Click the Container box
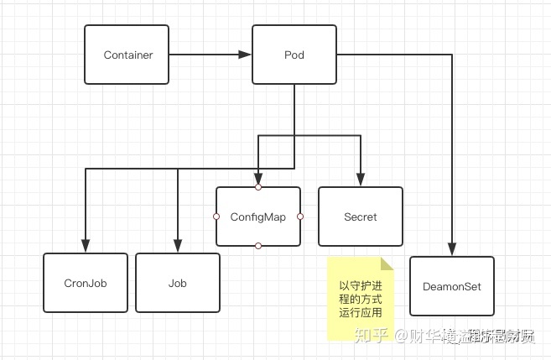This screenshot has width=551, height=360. pos(127,55)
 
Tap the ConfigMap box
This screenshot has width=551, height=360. pos(258,217)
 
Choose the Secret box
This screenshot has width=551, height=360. pos(361,217)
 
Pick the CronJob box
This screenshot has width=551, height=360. pos(86,283)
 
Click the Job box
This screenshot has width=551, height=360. pos(178,283)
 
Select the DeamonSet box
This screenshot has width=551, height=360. pos(452,286)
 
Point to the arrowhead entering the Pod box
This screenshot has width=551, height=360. pos(245,55)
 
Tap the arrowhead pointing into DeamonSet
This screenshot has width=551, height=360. pos(452,249)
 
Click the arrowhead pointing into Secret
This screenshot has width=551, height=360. pos(361,180)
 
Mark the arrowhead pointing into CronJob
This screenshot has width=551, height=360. pos(86,247)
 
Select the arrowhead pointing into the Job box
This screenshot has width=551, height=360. pos(178,247)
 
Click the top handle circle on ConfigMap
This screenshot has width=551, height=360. pos(258,186)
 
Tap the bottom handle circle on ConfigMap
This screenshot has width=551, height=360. pos(258,246)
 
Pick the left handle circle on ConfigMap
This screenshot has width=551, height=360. pos(216,217)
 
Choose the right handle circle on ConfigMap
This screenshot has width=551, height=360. pos(300,217)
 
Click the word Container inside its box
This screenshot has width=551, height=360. pos(127,55)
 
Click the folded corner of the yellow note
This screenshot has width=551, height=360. pos(387,263)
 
